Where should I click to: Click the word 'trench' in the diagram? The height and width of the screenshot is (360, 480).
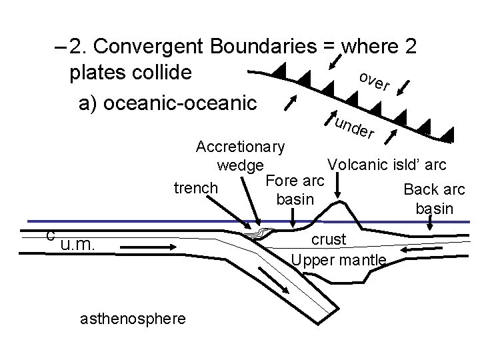click(195, 188)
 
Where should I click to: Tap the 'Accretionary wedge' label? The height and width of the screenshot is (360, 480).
click(241, 155)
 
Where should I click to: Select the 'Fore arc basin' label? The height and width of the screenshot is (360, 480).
click(295, 189)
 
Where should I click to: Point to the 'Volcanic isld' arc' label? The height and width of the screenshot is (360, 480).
click(387, 164)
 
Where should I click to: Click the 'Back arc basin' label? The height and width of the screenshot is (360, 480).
click(434, 199)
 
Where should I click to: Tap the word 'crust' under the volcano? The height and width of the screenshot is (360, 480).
click(329, 239)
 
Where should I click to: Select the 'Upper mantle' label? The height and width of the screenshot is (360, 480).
click(339, 259)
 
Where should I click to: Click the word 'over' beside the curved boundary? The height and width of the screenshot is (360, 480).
click(373, 81)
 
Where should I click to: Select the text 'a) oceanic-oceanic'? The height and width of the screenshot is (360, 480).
click(167, 103)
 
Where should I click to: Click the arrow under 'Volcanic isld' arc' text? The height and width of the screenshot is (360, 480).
click(338, 189)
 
